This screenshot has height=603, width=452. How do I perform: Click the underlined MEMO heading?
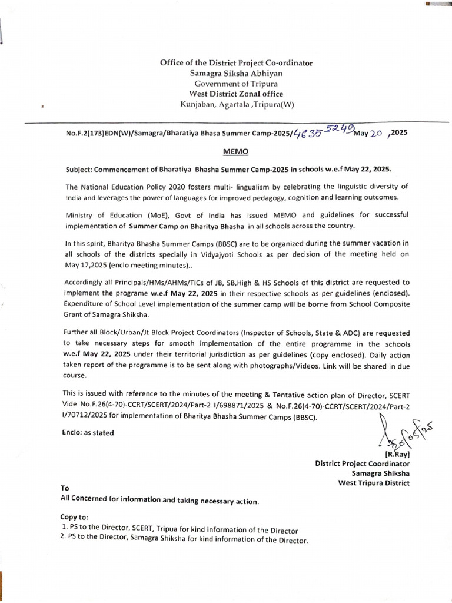(237, 151)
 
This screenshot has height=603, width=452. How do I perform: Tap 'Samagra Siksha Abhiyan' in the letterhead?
(236, 73)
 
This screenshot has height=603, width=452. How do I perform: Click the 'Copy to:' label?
(75, 516)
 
